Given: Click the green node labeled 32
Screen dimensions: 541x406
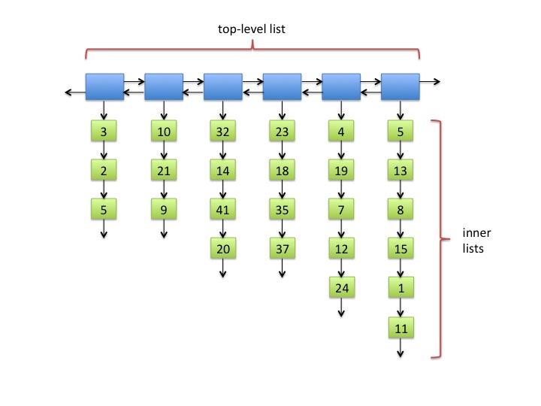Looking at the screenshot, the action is (223, 131).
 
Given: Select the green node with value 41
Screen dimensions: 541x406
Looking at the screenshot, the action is (223, 209).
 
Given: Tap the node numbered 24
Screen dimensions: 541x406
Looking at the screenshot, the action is (342, 287).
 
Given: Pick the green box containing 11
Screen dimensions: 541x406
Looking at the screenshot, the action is (401, 328).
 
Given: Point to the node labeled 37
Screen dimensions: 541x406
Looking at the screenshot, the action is (283, 248).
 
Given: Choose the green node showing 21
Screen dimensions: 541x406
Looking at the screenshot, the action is (164, 170).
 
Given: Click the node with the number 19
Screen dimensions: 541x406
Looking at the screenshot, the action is (341, 170).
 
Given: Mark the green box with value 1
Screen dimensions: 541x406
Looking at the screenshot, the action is (401, 287).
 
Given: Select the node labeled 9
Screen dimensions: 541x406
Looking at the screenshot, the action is (164, 209).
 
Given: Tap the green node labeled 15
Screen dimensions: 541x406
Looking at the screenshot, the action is (400, 248).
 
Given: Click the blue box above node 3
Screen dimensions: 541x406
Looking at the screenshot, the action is (105, 86).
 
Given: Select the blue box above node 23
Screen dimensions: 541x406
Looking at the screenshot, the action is (283, 86).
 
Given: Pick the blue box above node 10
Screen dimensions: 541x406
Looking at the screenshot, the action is (164, 86).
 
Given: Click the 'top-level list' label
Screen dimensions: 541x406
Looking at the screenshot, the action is (252, 29).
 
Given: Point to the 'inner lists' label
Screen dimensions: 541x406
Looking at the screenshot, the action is (476, 241).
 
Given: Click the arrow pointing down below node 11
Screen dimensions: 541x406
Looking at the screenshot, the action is (400, 348).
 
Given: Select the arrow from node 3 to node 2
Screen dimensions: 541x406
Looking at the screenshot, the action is (104, 150).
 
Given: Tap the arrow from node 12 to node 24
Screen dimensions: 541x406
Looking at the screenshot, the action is (341, 268).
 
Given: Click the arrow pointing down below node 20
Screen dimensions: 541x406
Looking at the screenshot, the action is (223, 268).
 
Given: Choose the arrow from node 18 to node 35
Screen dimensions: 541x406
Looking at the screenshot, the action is (283, 189).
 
